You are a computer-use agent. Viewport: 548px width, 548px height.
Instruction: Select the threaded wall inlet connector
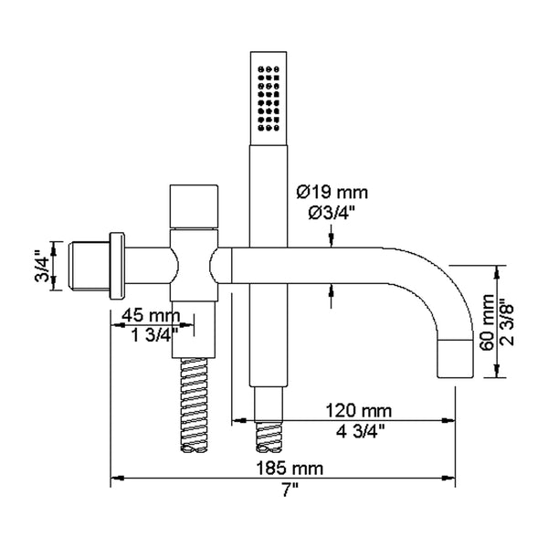pyautogui.click(x=90, y=265)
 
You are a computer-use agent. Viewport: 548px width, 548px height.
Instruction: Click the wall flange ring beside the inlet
pyautogui.click(x=117, y=265)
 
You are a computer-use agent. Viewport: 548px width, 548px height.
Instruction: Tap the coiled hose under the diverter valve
pyautogui.click(x=195, y=402)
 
